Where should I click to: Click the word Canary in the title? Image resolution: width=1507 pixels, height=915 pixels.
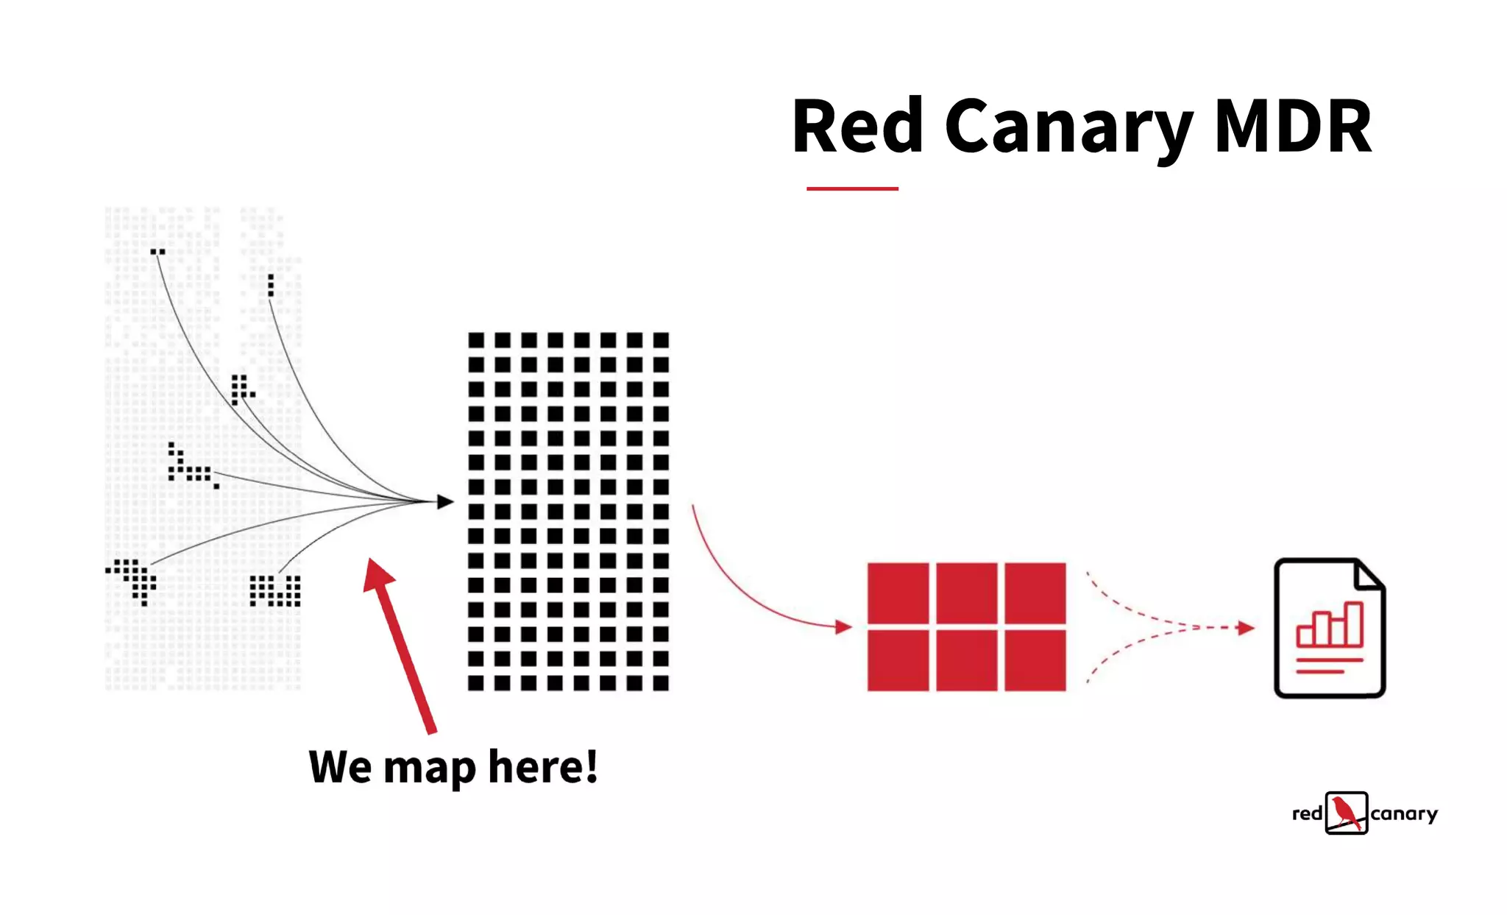(1068, 127)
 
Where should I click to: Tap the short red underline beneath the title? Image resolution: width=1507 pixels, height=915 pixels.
(852, 188)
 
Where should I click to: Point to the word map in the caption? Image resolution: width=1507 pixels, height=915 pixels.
(430, 769)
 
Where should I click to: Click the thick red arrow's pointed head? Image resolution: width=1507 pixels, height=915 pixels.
(378, 573)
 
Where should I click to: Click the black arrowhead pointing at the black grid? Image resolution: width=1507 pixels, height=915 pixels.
(445, 501)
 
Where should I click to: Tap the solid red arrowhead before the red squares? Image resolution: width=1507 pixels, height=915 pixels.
(843, 627)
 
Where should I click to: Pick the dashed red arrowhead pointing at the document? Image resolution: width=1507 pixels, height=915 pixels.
(1246, 628)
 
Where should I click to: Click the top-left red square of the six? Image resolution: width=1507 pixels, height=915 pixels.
(898, 593)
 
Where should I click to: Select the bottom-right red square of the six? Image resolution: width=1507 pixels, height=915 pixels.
(1035, 660)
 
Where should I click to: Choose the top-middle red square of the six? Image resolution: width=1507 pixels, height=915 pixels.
(967, 593)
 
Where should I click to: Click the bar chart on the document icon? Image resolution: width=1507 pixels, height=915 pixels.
(1330, 625)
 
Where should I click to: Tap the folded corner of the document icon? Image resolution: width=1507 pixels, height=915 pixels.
(1369, 574)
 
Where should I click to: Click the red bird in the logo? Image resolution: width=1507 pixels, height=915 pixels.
(1346, 812)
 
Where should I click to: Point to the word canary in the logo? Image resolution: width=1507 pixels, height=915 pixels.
(1404, 813)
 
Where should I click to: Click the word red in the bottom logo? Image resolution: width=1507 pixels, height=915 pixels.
(1307, 813)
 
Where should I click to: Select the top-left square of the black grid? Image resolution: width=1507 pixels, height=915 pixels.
(476, 340)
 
